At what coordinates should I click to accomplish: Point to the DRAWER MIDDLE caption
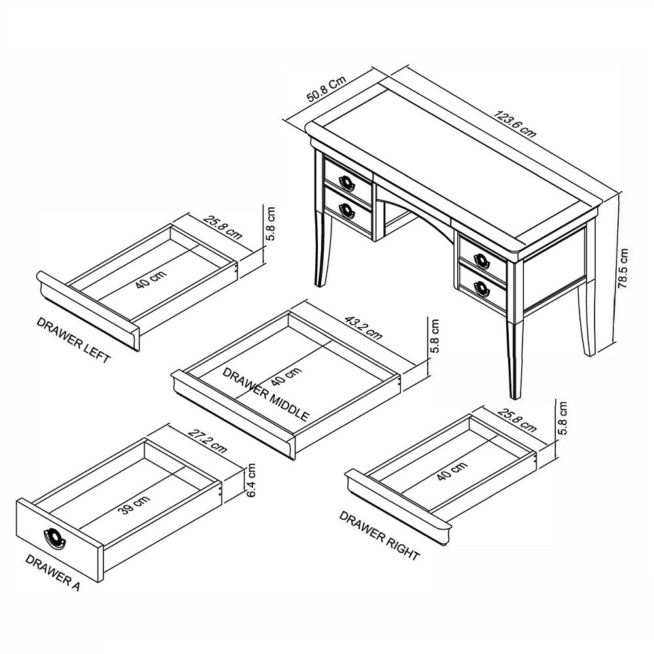coord(266,394)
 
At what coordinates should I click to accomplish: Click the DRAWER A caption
coord(52,573)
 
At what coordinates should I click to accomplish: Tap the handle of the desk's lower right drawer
coord(483,288)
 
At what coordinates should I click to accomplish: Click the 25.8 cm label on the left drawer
coord(222,226)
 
